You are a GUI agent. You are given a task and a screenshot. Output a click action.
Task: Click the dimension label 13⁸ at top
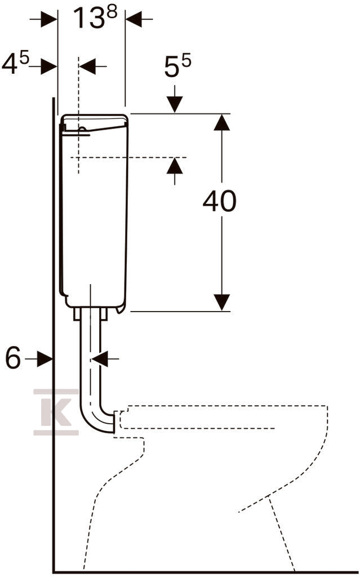(x=95, y=17)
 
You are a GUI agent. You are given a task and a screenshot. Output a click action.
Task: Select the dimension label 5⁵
(x=177, y=66)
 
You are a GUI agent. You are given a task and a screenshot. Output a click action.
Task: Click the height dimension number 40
(x=220, y=201)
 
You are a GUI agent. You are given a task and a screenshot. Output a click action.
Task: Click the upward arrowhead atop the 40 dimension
(x=221, y=122)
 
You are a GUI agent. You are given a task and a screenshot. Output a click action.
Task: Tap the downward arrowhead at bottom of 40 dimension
(x=221, y=303)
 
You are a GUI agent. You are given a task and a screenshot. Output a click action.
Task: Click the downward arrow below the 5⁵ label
(x=175, y=99)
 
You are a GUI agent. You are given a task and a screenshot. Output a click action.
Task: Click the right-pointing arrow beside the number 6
(x=44, y=358)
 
